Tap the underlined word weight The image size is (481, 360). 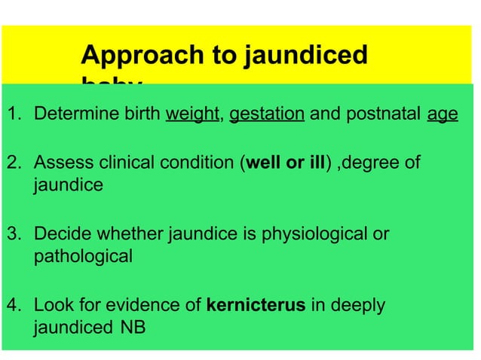click(191, 114)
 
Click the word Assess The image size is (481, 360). click(60, 163)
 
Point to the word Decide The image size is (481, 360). click(60, 234)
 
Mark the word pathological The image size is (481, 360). click(83, 256)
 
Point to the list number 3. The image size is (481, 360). click(13, 234)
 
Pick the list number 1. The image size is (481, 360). click(13, 114)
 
